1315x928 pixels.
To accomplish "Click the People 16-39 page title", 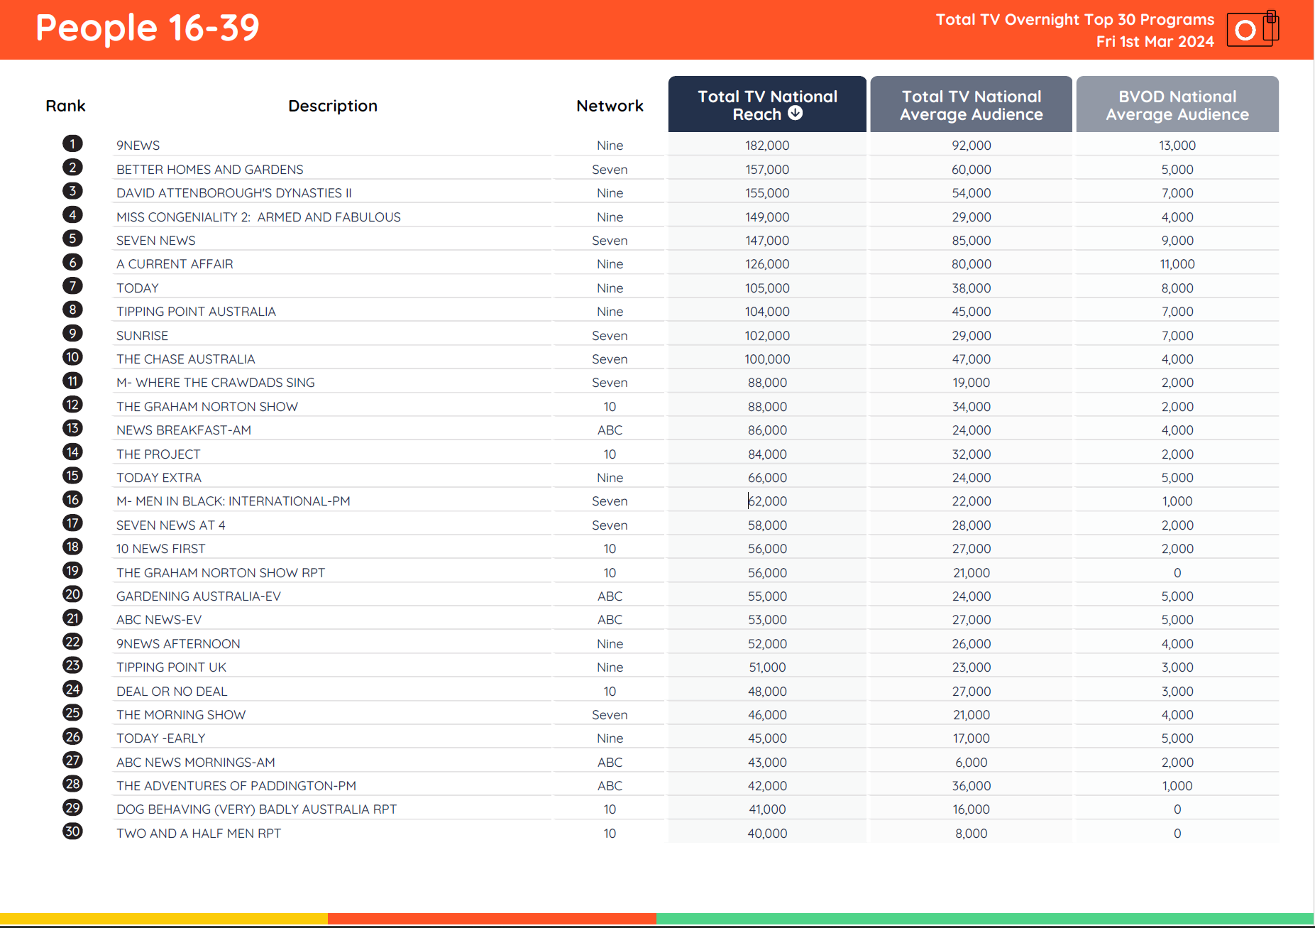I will (148, 28).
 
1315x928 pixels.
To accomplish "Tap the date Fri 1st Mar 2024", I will (1155, 42).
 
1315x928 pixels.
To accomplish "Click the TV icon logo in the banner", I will (1253, 29).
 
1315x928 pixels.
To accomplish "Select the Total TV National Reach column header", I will (766, 104).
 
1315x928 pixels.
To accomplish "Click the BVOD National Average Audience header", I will (1177, 105).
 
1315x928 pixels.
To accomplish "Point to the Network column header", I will (610, 106).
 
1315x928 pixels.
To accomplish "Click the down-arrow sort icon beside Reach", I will (796, 114).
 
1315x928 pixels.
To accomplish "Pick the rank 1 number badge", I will (72, 144).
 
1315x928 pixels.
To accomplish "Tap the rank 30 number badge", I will (72, 831).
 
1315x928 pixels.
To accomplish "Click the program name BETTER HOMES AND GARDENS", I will (210, 170).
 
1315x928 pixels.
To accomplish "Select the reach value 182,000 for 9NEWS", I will (767, 146).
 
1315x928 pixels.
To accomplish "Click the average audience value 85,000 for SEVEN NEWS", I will (971, 241).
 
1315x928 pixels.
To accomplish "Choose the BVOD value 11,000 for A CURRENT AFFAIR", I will (1177, 264).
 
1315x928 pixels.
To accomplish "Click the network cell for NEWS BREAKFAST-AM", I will (610, 430).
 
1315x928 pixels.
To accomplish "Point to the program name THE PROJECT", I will (158, 454).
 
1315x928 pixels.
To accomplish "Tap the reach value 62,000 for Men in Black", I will (767, 501).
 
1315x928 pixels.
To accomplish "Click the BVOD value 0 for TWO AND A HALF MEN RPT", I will (1177, 834).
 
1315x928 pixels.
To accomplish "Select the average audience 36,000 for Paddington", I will (971, 786).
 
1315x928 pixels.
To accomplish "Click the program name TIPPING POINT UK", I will (171, 667).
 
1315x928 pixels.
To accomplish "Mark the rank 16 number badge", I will (72, 500).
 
